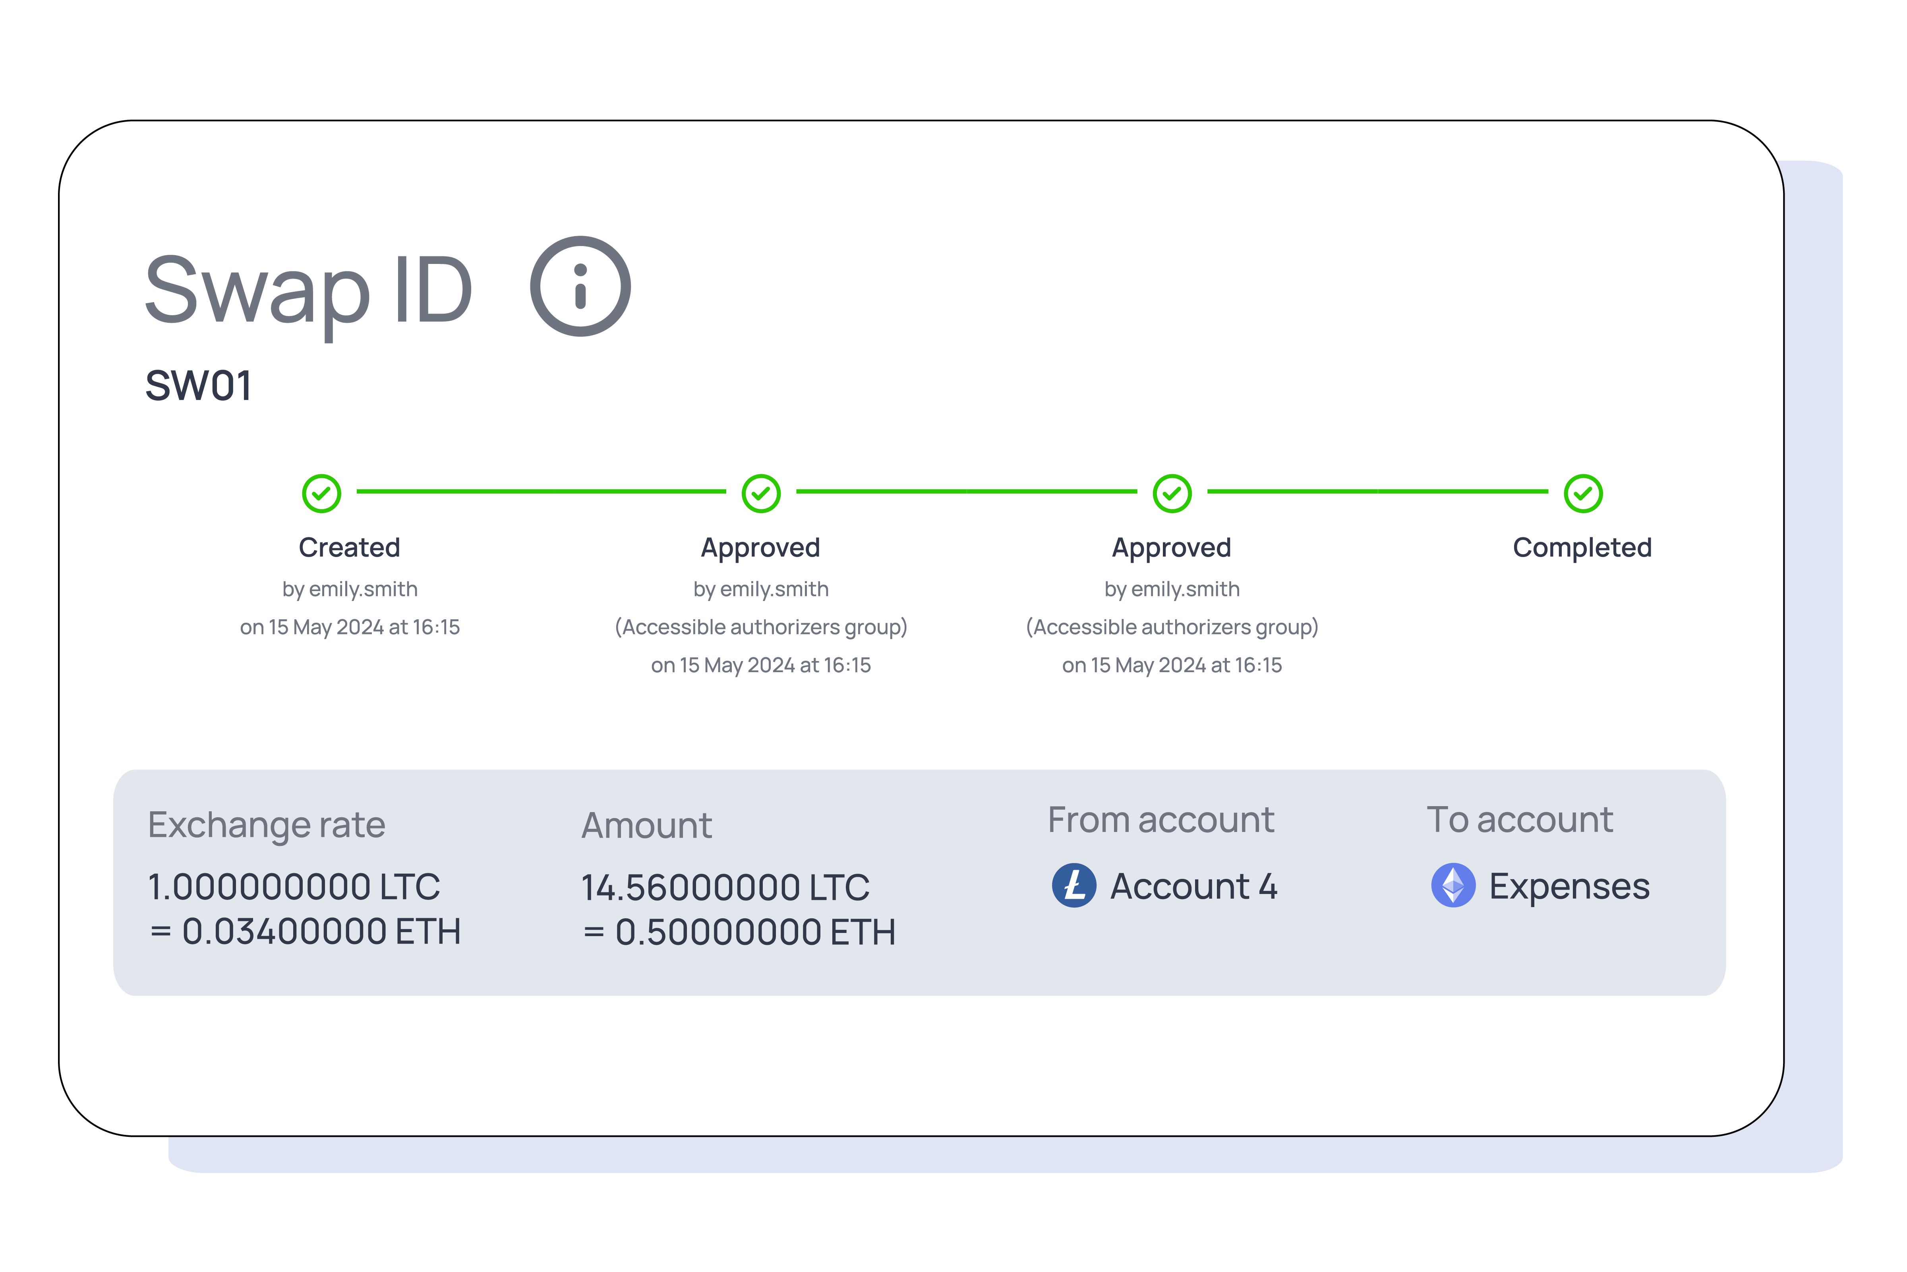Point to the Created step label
(x=350, y=548)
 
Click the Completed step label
(x=1582, y=548)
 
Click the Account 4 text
(x=1193, y=886)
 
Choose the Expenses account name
(x=1569, y=886)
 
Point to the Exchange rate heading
(x=266, y=825)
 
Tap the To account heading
(x=1519, y=820)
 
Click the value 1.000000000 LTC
(x=294, y=887)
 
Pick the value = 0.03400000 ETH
(x=305, y=931)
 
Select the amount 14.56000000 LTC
(x=725, y=888)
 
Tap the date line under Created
(x=350, y=627)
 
